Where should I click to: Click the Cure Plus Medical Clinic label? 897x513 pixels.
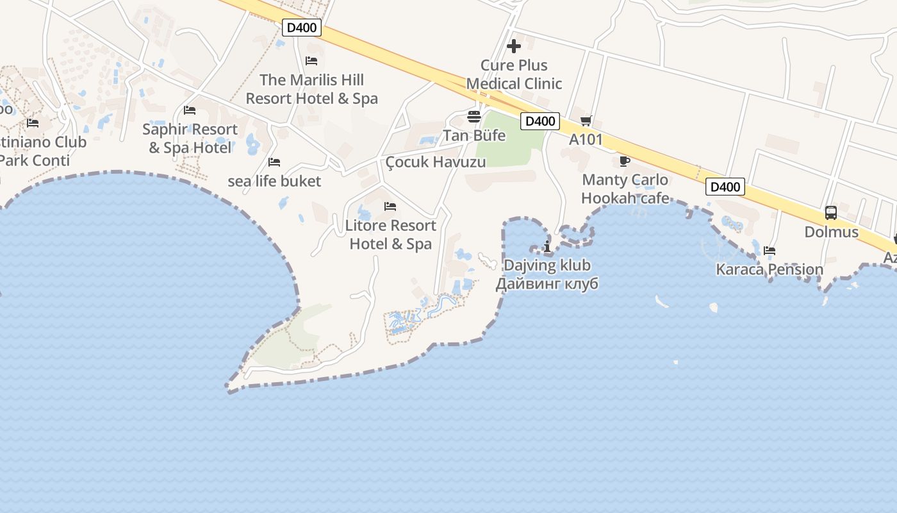[514, 74]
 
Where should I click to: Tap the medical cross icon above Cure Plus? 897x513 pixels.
[513, 46]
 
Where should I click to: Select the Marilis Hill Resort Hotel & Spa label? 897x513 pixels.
[311, 89]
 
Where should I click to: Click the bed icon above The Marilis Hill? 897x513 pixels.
[311, 61]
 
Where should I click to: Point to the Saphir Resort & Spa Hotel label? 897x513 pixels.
[190, 138]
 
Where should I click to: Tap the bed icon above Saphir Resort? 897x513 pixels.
[189, 110]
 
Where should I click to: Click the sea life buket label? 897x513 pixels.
[274, 181]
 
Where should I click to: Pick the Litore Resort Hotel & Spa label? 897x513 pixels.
[390, 234]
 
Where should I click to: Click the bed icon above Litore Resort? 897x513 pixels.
[390, 206]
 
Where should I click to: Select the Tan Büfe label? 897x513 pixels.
[474, 135]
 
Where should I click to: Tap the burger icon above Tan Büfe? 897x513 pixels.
[474, 117]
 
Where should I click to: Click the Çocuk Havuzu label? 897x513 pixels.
[436, 162]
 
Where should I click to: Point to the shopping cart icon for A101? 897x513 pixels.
[586, 121]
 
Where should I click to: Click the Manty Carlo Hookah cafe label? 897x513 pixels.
[625, 189]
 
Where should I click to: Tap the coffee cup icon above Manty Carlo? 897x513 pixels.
[625, 161]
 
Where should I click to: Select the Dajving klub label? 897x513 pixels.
[547, 265]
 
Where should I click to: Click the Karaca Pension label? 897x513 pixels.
[769, 269]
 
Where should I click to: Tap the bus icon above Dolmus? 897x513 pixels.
[831, 213]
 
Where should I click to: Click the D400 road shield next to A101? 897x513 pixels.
[541, 121]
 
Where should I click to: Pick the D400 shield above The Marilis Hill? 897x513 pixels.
[302, 28]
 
